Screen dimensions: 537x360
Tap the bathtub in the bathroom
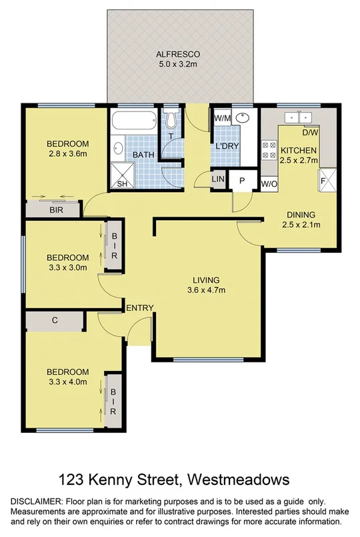(x=134, y=123)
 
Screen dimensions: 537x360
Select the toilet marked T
(x=171, y=120)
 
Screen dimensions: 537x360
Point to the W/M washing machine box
(x=221, y=119)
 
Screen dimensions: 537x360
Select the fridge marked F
(x=327, y=179)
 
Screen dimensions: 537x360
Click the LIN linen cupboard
(x=218, y=179)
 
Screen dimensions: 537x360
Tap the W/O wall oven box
(x=269, y=183)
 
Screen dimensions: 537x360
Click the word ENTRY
(x=140, y=308)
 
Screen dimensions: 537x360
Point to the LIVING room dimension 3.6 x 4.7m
(x=206, y=290)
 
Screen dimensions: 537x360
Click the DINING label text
(x=301, y=215)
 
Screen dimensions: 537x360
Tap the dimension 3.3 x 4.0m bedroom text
(x=67, y=382)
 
